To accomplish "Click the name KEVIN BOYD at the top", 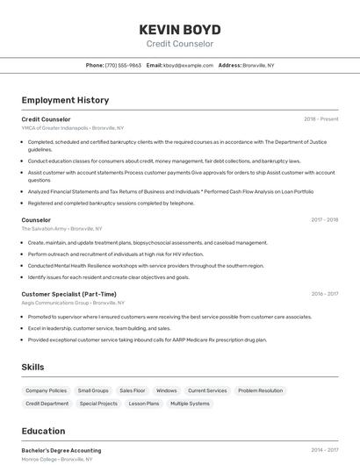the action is click(179, 29).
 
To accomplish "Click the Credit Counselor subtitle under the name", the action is click(179, 44).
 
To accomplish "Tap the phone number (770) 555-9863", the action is click(123, 65).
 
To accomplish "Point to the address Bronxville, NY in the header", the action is click(258, 65).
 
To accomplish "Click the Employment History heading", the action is click(65, 100).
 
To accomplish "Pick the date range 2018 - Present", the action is click(320, 119).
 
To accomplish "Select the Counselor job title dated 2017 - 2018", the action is click(36, 220).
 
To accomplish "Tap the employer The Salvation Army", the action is click(44, 229).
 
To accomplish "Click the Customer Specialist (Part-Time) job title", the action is click(68, 294).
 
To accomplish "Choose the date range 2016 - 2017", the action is click(324, 295).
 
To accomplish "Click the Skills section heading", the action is click(32, 367).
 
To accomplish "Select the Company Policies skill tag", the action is click(46, 390).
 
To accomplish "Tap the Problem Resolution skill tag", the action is click(260, 390).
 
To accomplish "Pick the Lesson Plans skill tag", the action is click(144, 404).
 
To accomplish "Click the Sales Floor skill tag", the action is click(133, 390).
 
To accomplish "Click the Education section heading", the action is click(43, 431).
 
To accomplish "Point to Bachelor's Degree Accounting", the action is click(61, 450).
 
